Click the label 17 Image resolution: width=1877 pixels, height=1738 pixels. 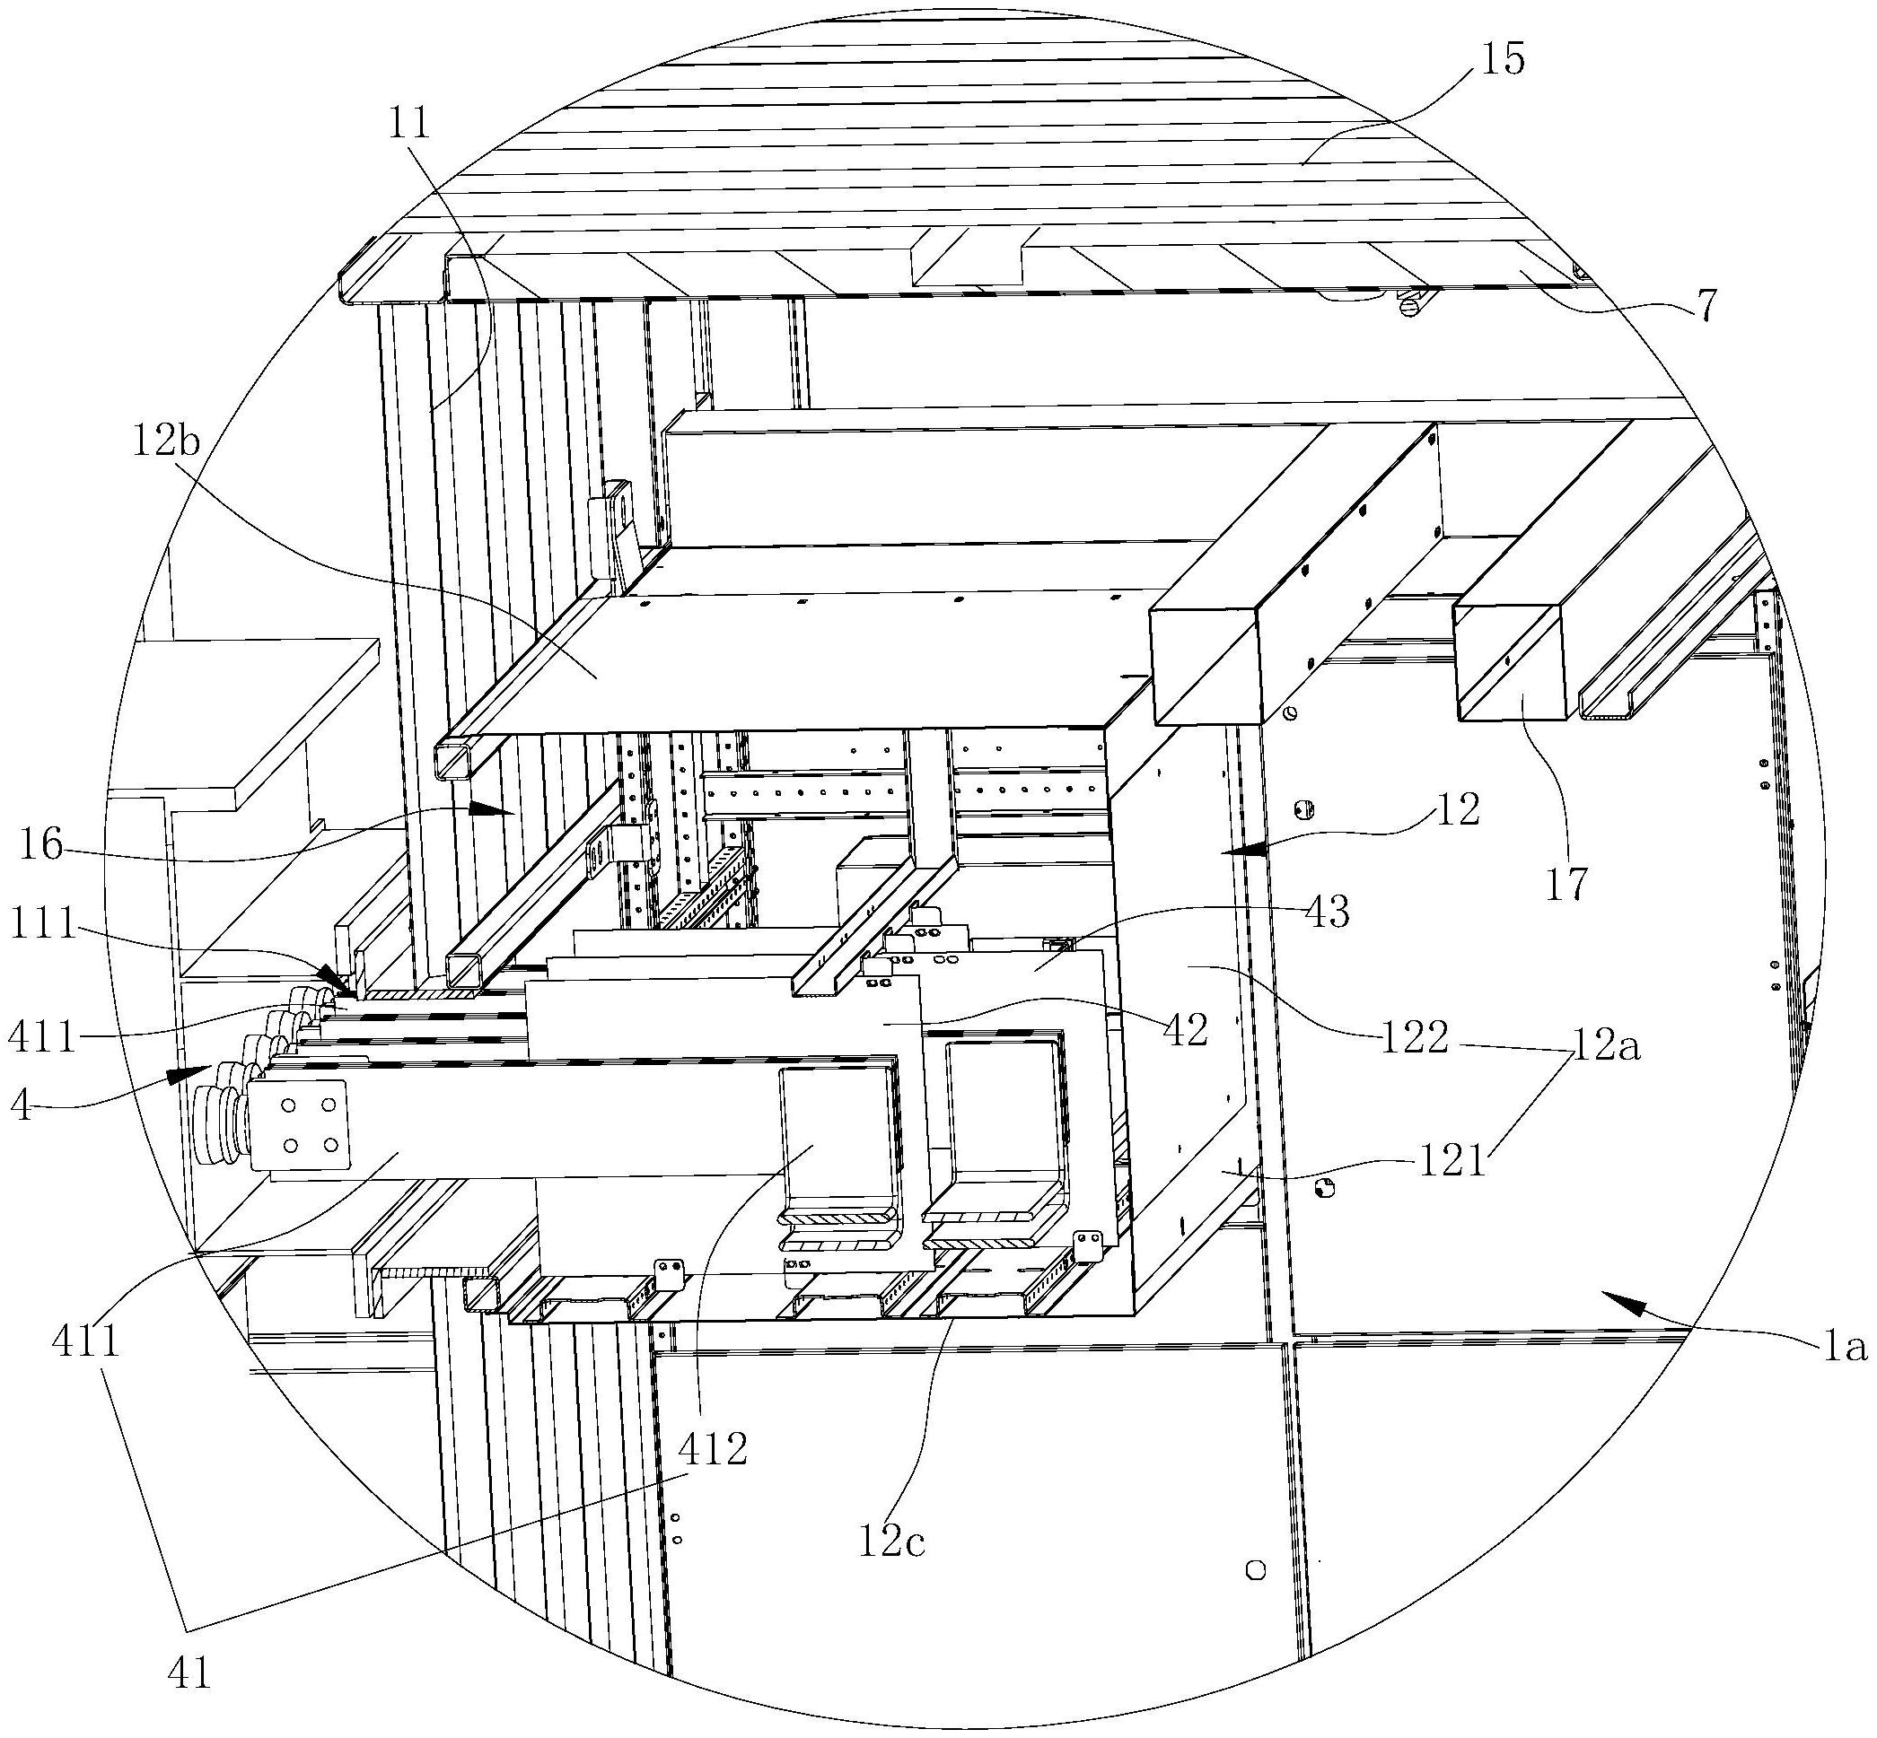[x=1566, y=884]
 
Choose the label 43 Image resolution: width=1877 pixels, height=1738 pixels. [x=1327, y=911]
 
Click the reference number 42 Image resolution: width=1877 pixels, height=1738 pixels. [x=1184, y=1031]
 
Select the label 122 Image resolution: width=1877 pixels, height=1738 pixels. [x=1414, y=1037]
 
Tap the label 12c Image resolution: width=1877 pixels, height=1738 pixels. [x=891, y=1541]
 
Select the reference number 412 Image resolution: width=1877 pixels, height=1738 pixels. [x=713, y=1448]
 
